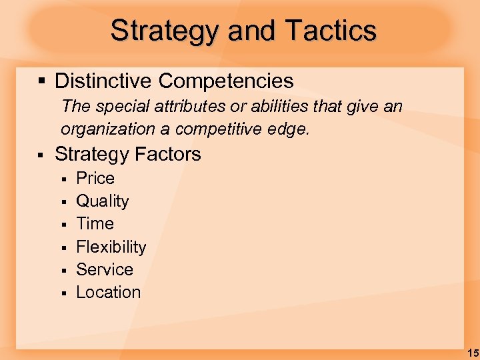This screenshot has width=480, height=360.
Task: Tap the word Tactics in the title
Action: point(331,31)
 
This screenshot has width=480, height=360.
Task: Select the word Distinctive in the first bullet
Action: point(103,81)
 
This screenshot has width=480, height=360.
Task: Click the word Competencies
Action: point(226,81)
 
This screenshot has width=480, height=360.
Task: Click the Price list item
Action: point(95,179)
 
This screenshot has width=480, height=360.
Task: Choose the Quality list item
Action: point(103,201)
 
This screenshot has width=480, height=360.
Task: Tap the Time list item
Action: point(95,224)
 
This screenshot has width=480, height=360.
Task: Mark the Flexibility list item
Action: point(111,247)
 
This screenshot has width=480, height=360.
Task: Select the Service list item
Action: point(105,269)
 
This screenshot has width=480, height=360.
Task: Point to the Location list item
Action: point(109,292)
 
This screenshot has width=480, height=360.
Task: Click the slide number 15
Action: point(473,353)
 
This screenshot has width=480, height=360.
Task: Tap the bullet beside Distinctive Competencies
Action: point(41,81)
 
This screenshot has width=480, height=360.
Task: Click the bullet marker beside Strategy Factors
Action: point(41,155)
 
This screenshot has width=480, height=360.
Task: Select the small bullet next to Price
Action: point(64,179)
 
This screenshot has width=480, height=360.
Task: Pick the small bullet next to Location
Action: point(64,293)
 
